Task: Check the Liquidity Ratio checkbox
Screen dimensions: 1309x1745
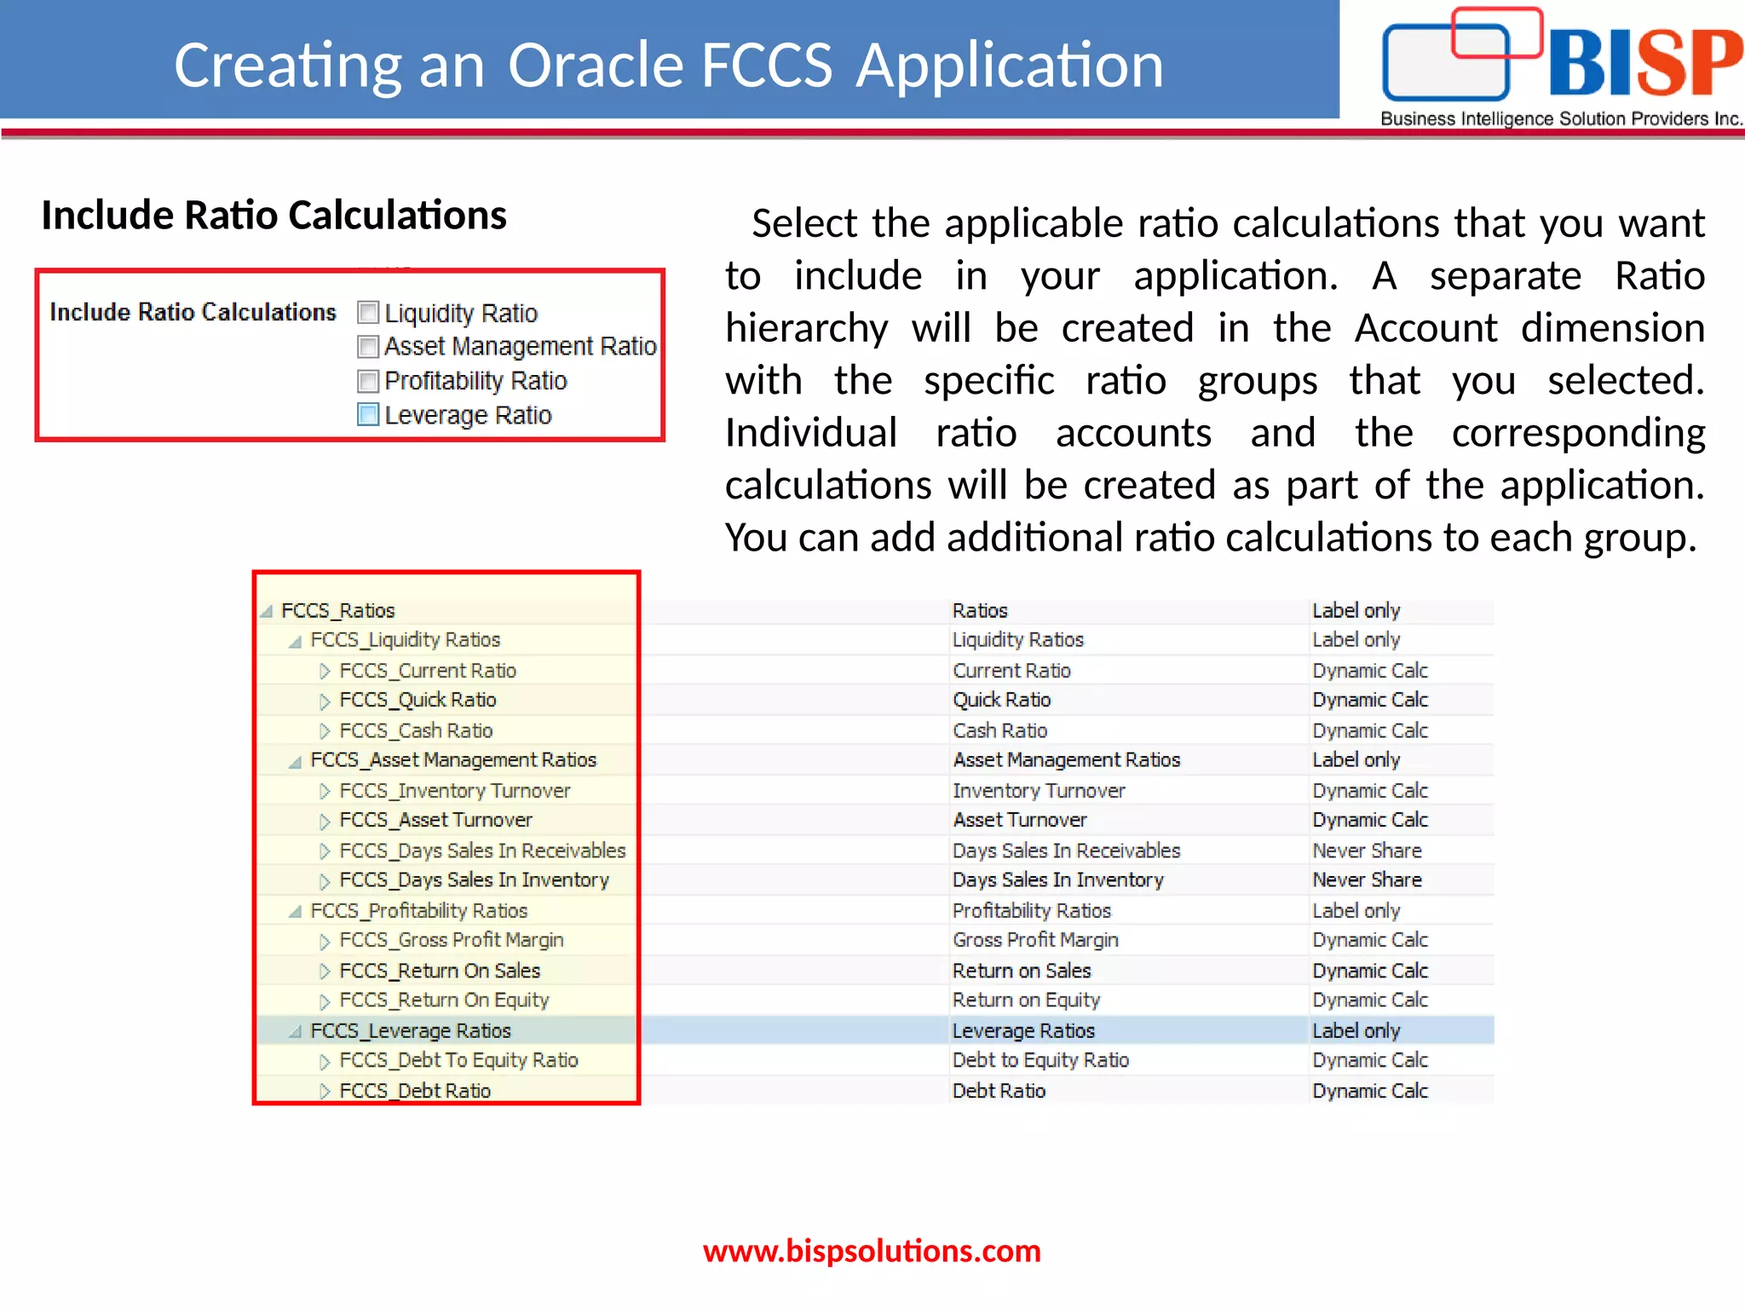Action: pos(368,313)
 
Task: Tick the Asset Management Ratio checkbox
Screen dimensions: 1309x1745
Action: pos(368,347)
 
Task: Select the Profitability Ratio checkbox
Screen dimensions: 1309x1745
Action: pos(368,381)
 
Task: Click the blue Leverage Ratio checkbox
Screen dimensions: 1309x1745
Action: pos(368,415)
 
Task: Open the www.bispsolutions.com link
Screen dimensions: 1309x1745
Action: pos(872,1251)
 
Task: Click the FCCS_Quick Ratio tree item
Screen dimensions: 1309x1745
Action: pos(418,701)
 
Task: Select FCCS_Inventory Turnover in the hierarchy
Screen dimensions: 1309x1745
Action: pos(454,791)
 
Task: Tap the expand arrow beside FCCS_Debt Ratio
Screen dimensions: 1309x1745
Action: pos(325,1091)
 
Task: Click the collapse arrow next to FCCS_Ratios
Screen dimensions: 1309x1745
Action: pos(267,611)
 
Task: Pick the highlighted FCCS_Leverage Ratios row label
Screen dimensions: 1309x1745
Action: pos(410,1031)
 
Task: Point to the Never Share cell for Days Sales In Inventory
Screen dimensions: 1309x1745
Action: pos(1367,880)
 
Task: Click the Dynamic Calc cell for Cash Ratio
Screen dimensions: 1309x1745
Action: pos(1369,731)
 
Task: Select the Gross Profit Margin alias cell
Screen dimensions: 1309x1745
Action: pos(1035,940)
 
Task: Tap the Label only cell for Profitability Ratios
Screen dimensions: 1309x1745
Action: pos(1356,911)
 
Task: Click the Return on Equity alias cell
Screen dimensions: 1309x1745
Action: pos(1026,1000)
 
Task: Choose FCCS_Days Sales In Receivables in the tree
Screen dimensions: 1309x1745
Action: pos(482,851)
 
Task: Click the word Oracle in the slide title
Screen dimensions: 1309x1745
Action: pos(596,65)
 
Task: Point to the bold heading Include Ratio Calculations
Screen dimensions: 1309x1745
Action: pos(274,215)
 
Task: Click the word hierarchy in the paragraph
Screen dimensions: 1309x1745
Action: pos(806,329)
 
